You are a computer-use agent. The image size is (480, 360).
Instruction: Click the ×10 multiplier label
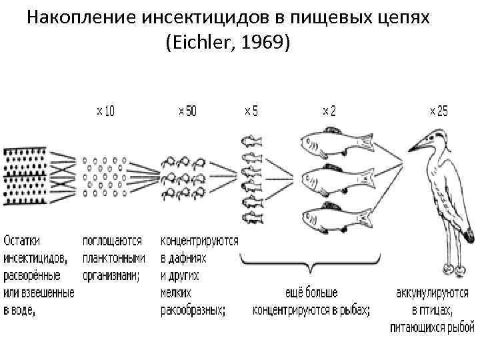click(105, 111)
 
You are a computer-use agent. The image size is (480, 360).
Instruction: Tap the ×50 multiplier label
click(187, 111)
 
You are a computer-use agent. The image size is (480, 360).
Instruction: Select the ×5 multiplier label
click(251, 111)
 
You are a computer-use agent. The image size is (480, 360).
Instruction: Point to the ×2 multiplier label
click(329, 111)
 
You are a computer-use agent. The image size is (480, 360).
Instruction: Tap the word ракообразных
click(193, 310)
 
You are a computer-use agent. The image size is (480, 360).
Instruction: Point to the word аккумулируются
click(432, 293)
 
